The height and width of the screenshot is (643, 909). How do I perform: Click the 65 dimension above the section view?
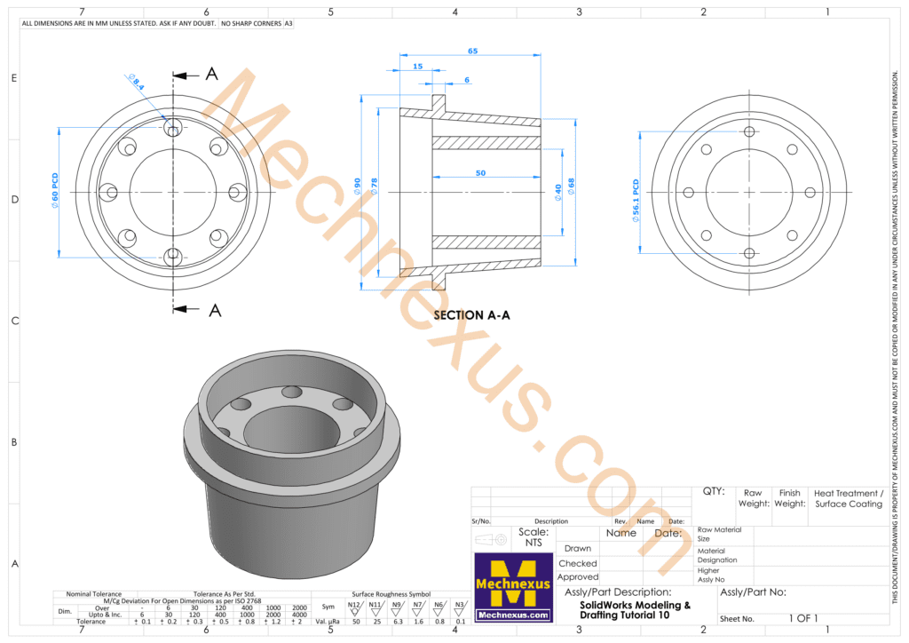click(x=472, y=52)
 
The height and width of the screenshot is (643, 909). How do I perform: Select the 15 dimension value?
click(x=417, y=67)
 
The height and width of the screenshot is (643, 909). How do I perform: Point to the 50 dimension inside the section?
click(x=479, y=173)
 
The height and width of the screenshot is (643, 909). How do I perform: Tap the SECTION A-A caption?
click(x=471, y=314)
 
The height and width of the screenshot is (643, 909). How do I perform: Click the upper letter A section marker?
click(x=211, y=75)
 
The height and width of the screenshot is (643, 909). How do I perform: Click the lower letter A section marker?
click(x=213, y=310)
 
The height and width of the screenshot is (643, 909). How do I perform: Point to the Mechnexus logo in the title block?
click(x=511, y=587)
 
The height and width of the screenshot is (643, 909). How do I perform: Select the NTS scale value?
click(x=533, y=542)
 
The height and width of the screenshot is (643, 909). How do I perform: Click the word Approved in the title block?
click(x=577, y=576)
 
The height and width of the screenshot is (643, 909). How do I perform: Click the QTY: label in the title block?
click(x=713, y=490)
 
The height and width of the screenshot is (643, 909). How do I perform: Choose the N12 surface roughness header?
click(x=353, y=604)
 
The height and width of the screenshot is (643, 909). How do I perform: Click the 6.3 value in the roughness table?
click(x=398, y=622)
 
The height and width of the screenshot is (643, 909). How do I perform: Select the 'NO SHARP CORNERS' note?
click(x=249, y=23)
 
